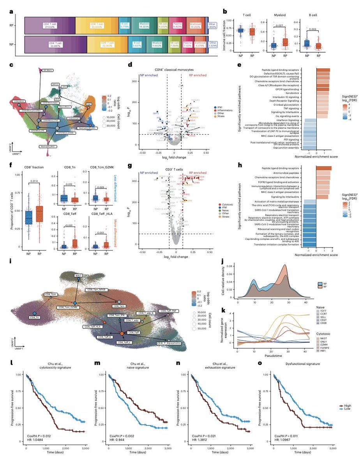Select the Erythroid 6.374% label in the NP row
(200, 44)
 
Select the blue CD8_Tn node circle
(34, 313)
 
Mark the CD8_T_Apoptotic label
(169, 343)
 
